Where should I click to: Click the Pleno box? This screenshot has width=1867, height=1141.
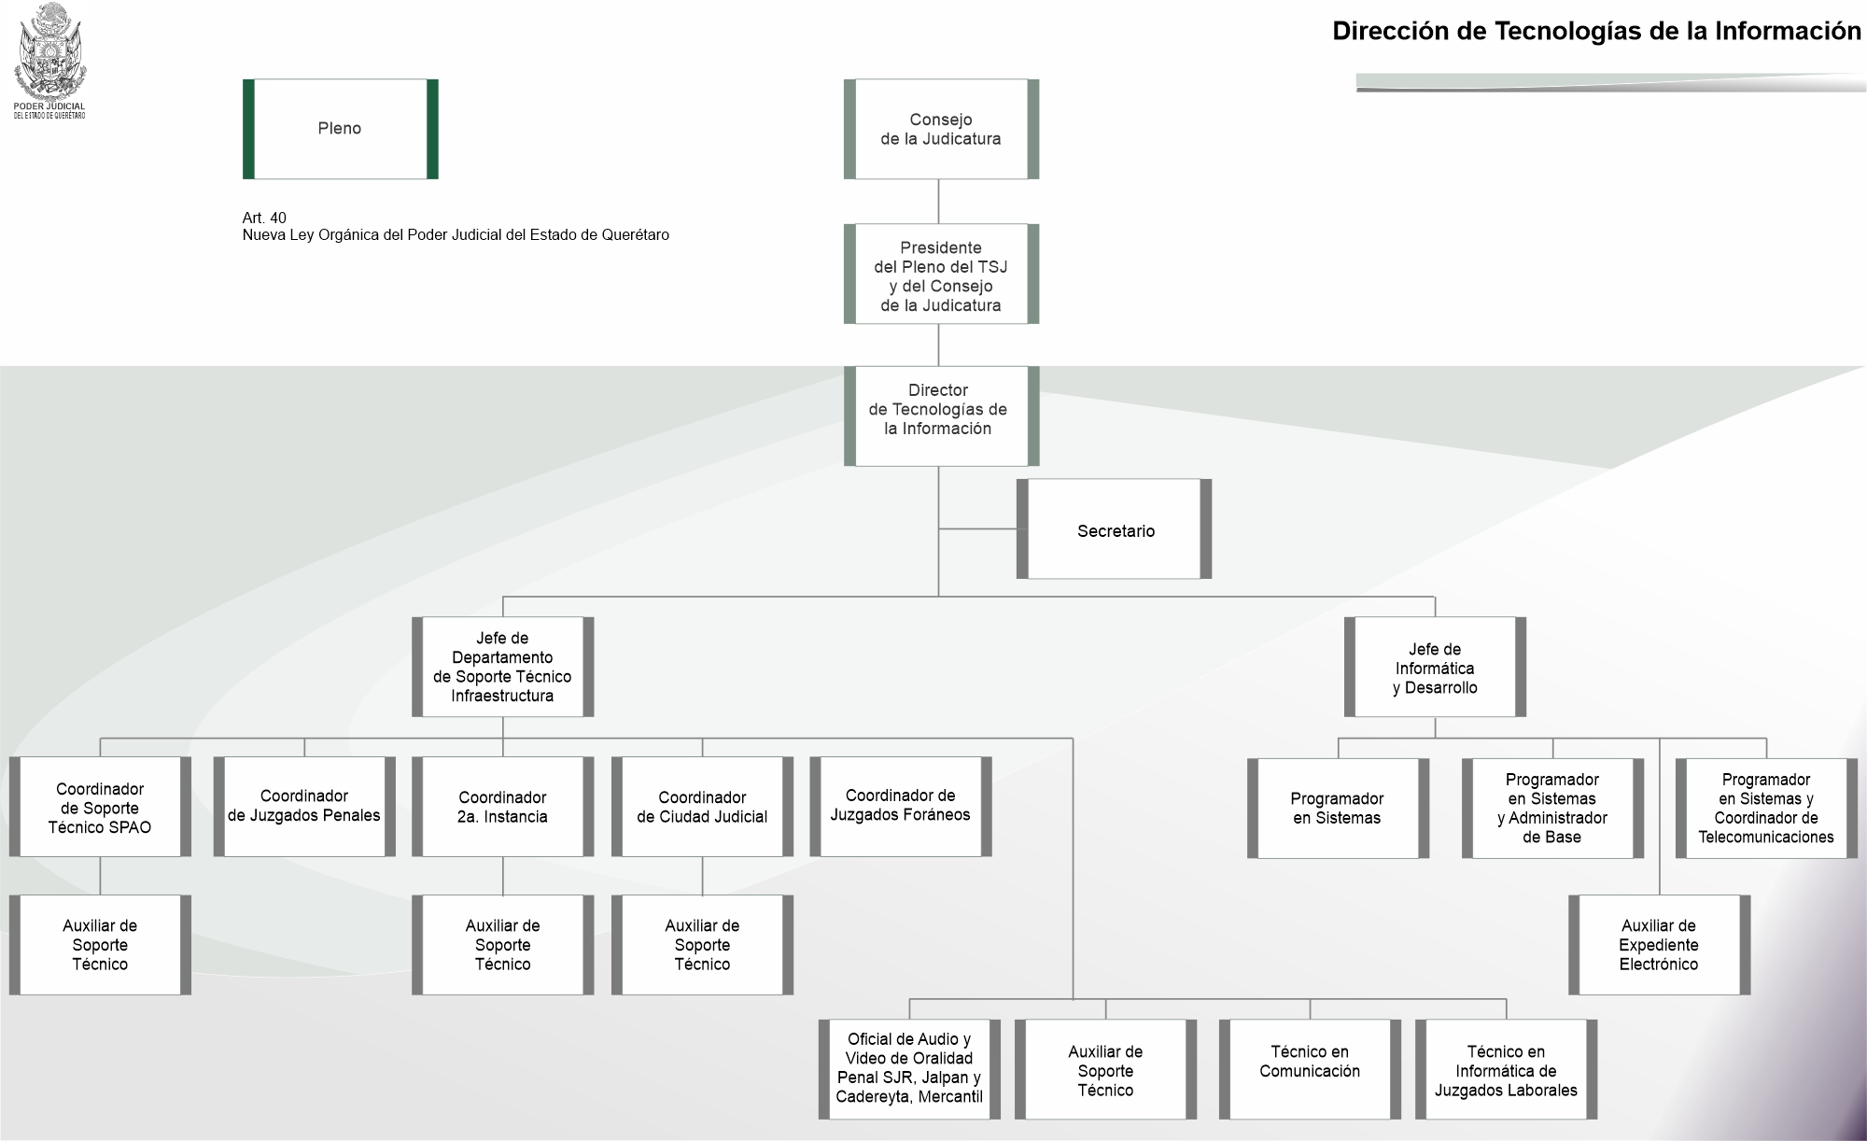point(340,129)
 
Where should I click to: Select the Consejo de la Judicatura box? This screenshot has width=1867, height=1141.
point(941,129)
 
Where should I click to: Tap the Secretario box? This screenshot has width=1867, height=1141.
point(1114,529)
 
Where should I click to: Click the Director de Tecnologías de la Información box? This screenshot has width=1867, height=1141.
point(941,416)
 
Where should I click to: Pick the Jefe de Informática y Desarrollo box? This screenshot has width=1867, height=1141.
point(1435,667)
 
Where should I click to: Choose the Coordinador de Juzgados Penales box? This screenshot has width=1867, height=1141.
point(304,807)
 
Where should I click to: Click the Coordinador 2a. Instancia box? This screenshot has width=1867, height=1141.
point(502,807)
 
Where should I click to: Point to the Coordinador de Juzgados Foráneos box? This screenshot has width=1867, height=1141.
point(900,807)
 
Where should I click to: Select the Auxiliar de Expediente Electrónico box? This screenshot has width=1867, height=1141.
point(1659,945)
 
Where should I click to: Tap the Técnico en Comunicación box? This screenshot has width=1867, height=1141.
point(1310,1069)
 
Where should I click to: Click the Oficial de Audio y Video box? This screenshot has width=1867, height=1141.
point(909,1069)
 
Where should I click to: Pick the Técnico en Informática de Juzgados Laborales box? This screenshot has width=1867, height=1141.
point(1506,1069)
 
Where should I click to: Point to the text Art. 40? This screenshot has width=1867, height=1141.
point(264,218)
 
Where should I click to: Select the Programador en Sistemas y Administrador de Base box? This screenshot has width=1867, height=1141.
point(1552,809)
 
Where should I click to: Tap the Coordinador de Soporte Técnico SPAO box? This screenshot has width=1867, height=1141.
point(100,807)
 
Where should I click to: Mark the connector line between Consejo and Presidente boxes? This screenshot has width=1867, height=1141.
point(938,202)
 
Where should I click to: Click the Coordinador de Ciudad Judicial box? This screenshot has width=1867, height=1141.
point(702,807)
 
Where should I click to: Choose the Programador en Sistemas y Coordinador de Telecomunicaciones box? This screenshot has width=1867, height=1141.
point(1766,809)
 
